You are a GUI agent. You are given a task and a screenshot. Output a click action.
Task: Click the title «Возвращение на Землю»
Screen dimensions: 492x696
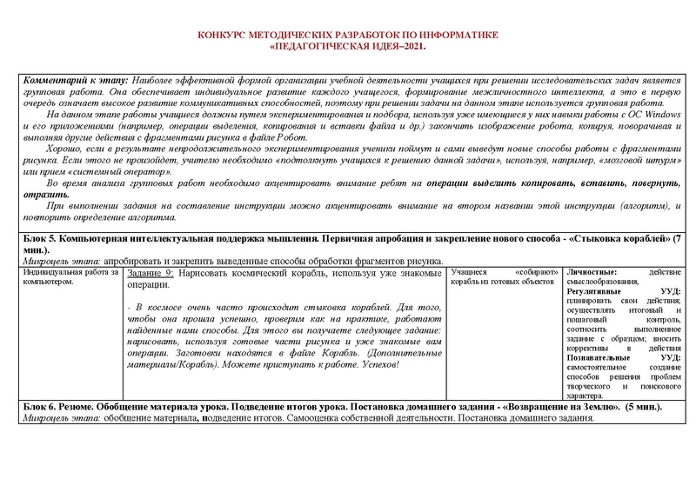click(x=560, y=406)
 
